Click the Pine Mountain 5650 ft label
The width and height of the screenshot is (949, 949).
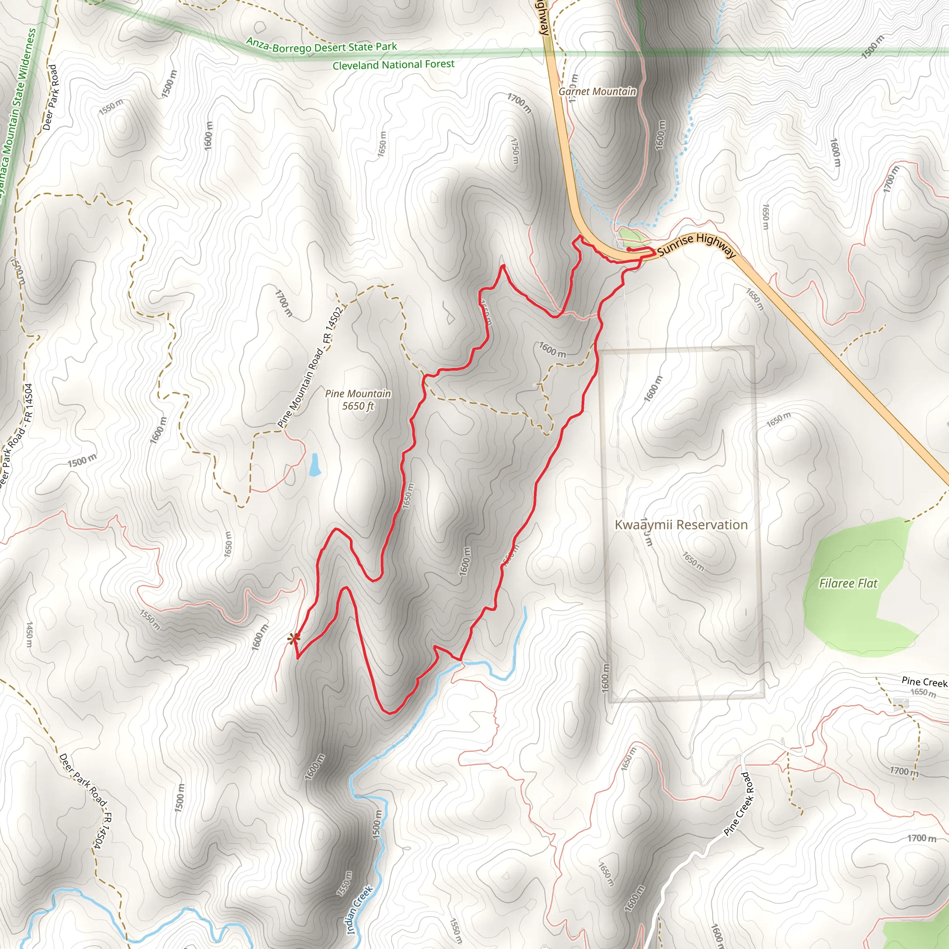pos(358,399)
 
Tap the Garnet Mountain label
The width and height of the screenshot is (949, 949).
pos(597,91)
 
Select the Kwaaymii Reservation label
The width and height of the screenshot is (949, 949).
pos(681,525)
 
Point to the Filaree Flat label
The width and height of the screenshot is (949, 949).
pos(848,583)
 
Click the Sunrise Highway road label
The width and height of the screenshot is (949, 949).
pos(696,245)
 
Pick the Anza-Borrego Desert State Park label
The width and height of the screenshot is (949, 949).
pos(321,47)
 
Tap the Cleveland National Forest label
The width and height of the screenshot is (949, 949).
pos(393,65)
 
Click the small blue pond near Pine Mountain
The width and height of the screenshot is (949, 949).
pos(314,465)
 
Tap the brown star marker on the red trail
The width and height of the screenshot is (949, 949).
pos(293,639)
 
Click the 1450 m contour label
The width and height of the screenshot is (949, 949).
pos(30,633)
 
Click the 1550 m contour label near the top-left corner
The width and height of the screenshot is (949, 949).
pos(111,107)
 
